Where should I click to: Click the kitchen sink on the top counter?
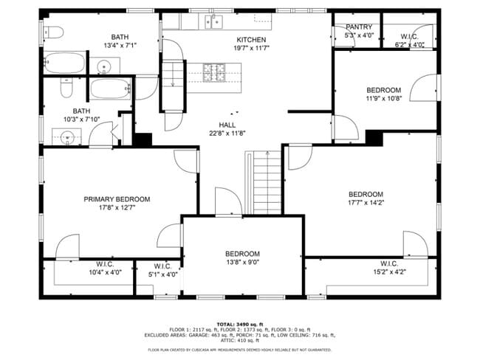tap(213, 21)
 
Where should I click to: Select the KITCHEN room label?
tap(251, 40)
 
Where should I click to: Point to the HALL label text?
tap(226, 125)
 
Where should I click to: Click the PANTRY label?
tap(359, 27)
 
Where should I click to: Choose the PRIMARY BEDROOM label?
tap(117, 199)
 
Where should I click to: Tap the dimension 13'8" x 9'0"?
tap(242, 261)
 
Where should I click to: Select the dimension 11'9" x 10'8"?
tap(384, 99)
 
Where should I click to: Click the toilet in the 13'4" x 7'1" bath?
tap(51, 32)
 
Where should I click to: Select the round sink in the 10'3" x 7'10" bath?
tap(67, 136)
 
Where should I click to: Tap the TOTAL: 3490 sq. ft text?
tap(240, 324)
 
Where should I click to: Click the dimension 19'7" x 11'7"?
tap(251, 49)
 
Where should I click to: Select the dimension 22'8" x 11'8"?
tap(226, 134)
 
